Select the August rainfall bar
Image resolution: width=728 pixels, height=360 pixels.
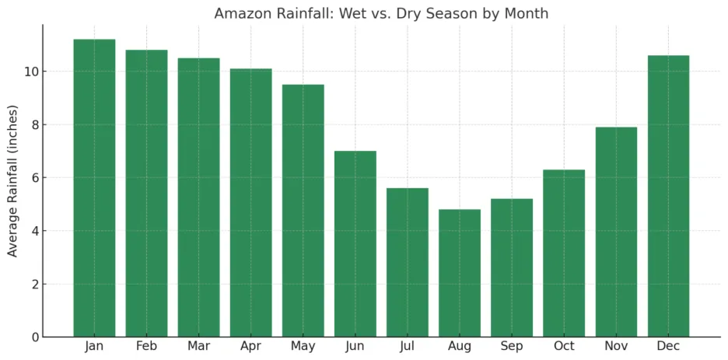[460, 273]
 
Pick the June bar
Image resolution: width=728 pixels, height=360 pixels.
[355, 244]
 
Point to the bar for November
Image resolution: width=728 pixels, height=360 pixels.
[616, 232]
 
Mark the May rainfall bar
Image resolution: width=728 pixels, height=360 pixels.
[303, 211]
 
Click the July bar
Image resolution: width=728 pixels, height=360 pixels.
[408, 263]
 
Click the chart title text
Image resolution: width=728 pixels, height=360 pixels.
[381, 13]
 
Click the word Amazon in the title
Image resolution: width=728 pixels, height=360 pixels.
[240, 13]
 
